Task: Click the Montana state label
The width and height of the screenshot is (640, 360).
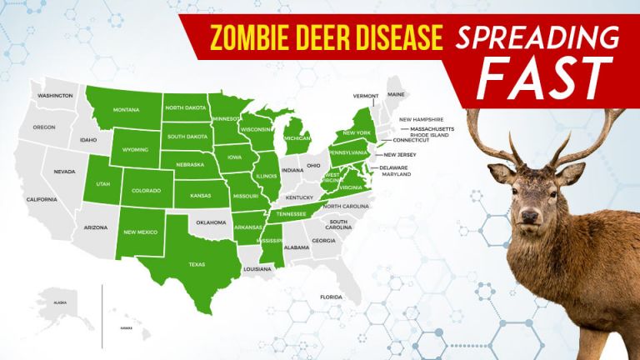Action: (x=126, y=110)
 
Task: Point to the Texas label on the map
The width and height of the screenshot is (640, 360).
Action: (x=197, y=264)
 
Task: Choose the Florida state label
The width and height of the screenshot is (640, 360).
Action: (x=331, y=297)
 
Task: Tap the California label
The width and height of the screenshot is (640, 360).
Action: (x=42, y=199)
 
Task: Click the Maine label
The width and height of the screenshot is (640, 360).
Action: (x=396, y=94)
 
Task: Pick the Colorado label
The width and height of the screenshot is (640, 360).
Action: (x=146, y=191)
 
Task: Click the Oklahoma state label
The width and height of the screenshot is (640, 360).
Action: (x=211, y=222)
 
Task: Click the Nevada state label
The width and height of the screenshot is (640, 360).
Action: (x=64, y=171)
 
